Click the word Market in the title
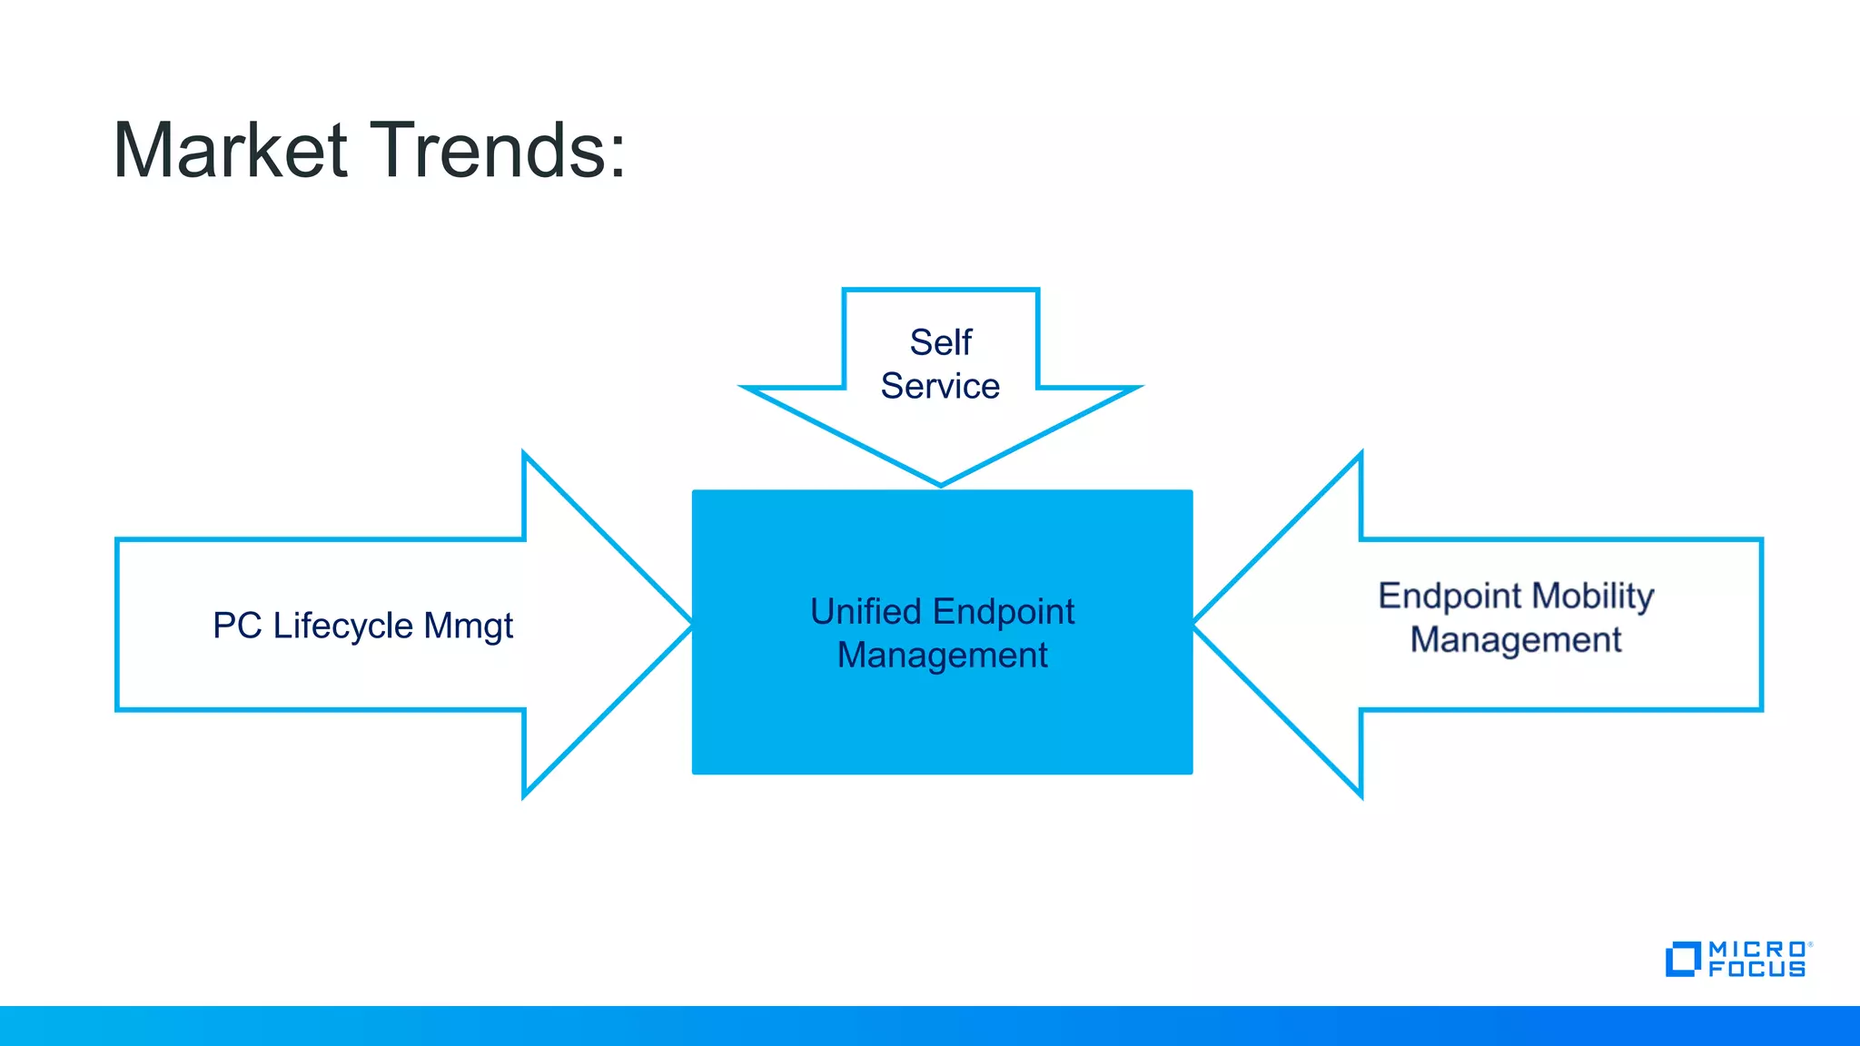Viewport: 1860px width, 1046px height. tap(231, 150)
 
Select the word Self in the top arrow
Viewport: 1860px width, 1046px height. tap(941, 342)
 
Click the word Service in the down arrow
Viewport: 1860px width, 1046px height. tap(940, 386)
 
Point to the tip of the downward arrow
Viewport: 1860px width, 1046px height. tap(941, 482)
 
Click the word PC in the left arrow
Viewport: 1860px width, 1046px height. tap(237, 626)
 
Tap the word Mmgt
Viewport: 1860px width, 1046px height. tap(468, 627)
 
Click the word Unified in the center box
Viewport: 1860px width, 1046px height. tap(866, 612)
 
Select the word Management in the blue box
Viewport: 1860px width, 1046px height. tap(942, 656)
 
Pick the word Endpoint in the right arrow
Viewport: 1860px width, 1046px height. tap(1449, 596)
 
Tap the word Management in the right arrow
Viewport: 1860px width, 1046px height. tap(1515, 640)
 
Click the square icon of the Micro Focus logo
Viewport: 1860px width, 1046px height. tap(1682, 959)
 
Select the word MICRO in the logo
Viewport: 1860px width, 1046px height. tap(1756, 949)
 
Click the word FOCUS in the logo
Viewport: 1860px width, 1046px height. tap(1756, 969)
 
